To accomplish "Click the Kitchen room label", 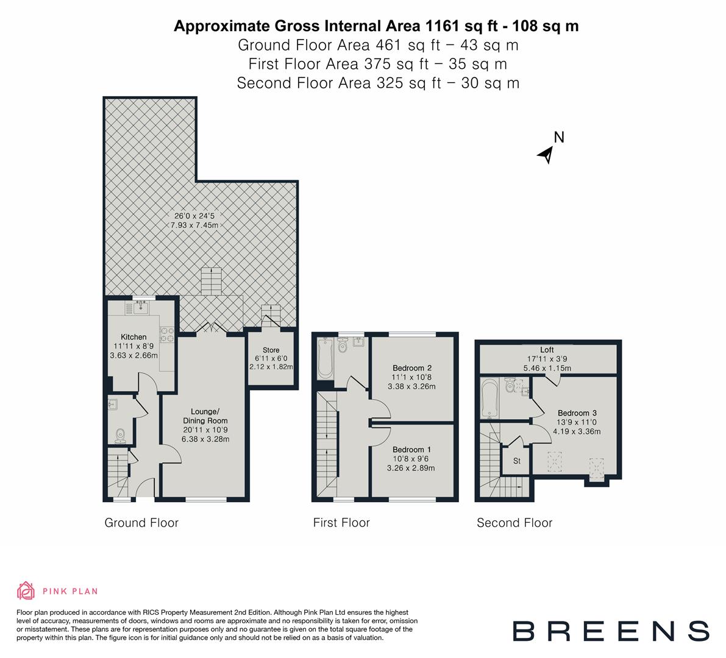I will coord(133,337).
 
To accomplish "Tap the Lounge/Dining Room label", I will coord(205,416).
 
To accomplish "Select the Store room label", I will coord(271,350).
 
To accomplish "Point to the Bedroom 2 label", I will coord(412,368).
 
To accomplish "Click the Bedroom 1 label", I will coord(412,450).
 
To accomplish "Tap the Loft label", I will coord(547,350).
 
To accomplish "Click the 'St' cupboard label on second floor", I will coord(516,461).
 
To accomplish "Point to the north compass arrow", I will coord(546,155).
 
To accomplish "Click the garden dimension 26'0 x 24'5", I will coord(196,216).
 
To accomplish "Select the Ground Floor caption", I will coord(141,523).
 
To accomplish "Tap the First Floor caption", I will coord(341,523).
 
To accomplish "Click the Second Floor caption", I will coord(514,523).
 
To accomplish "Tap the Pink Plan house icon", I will coord(26,590).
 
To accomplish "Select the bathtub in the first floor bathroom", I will coord(324,358).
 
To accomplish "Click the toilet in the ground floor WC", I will coord(121,434).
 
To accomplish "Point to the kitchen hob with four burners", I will coord(166,334).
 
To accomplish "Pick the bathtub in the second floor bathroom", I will coord(489,398).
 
